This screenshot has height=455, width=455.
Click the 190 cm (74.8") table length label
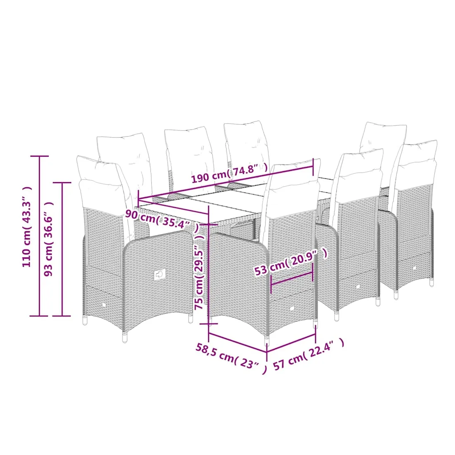click(229, 173)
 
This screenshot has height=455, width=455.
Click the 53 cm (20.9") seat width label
click(291, 262)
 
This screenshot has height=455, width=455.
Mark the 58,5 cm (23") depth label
click(231, 358)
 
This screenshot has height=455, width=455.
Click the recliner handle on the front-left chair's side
click(159, 274)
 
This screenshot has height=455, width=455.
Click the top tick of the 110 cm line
click(39, 156)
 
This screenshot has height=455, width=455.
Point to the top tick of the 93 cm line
click(62, 183)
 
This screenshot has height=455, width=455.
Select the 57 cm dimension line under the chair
click(291, 343)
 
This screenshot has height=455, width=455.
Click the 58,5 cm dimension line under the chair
click(237, 343)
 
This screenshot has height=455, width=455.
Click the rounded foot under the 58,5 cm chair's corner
click(267, 341)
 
